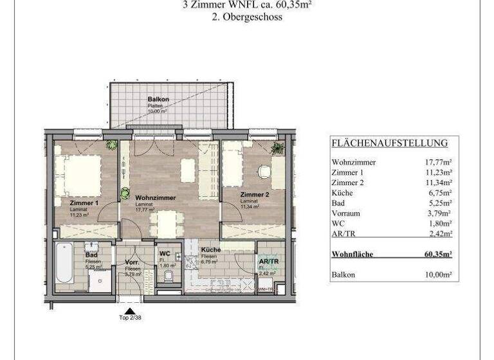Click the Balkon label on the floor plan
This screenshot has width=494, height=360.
click(158, 100)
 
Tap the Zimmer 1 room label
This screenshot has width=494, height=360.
click(84, 203)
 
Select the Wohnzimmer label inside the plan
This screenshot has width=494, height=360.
click(155, 197)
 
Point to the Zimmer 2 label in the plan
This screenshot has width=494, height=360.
click(254, 194)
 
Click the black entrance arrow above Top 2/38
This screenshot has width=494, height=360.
click(130, 310)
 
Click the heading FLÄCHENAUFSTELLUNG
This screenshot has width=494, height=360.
click(389, 143)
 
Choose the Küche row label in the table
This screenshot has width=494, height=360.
click(342, 193)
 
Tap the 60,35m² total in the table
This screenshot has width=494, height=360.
click(437, 254)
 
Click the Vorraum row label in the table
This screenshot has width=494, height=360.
click(346, 213)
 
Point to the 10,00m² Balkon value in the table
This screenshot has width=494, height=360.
click(438, 274)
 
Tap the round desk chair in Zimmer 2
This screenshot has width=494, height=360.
click(264, 172)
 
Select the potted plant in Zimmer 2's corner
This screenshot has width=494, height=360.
click(277, 148)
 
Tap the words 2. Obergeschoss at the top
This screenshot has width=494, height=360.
click(247, 18)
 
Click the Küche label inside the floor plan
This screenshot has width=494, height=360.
click(210, 250)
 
